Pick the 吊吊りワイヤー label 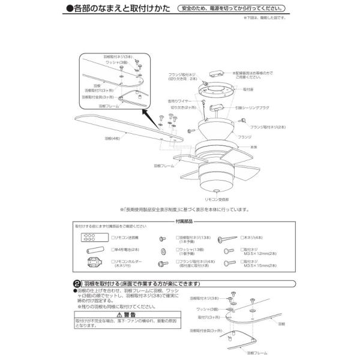point(179,100)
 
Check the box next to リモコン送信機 point(113,238)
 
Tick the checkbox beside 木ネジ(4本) point(242,238)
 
